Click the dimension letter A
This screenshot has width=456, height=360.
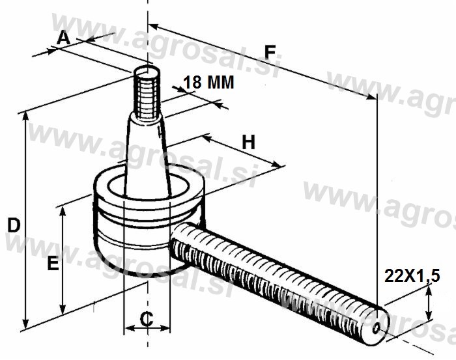coord(63,38)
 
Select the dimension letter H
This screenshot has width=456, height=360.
coord(249,142)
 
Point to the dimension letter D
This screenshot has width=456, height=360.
coord(14,225)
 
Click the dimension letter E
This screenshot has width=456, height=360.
coord(53,264)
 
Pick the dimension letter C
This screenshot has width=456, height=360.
coord(147,319)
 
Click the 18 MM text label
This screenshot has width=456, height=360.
coord(208,82)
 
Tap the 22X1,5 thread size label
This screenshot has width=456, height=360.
coord(412,275)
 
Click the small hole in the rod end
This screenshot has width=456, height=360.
coord(376,328)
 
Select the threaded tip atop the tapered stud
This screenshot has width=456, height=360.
coord(147,93)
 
